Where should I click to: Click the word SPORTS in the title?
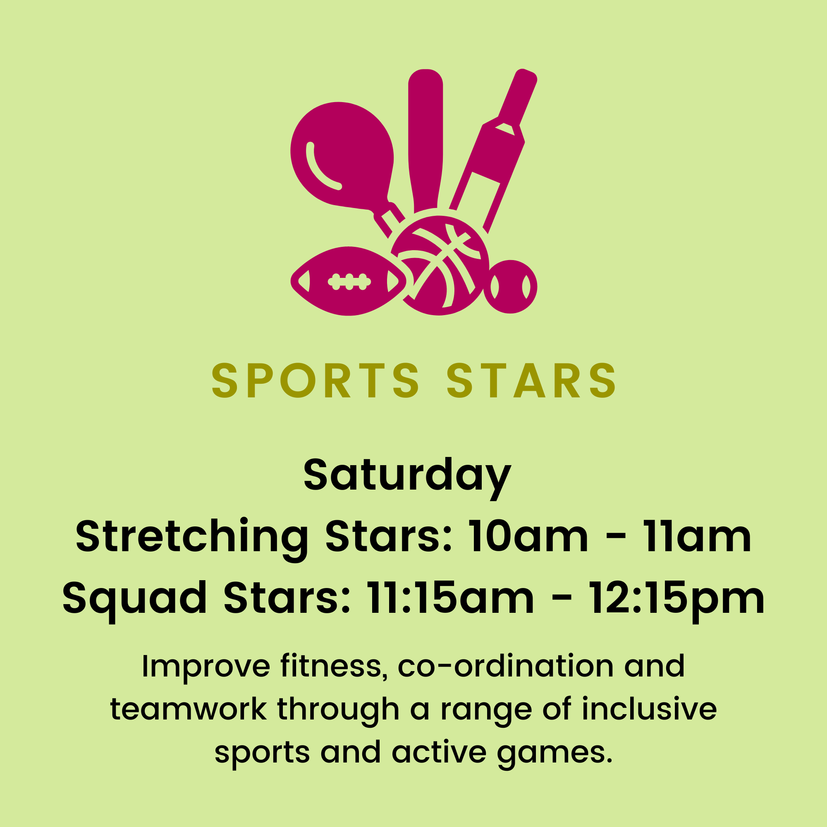[316, 380]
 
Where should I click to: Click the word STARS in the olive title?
[531, 380]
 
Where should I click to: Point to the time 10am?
[528, 536]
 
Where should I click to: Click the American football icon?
[349, 281]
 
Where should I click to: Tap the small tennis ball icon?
[510, 287]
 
